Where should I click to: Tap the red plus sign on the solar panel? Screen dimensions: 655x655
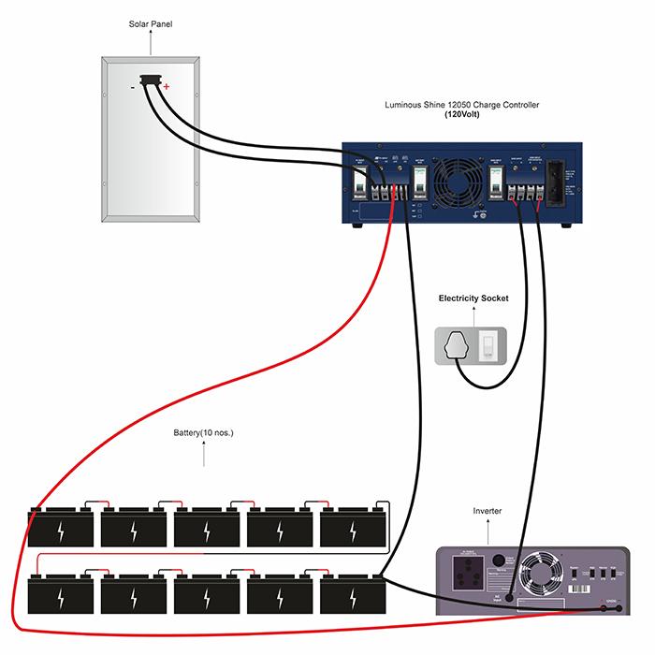pyautogui.click(x=167, y=87)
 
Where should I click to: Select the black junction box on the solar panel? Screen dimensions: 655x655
pyautogui.click(x=149, y=82)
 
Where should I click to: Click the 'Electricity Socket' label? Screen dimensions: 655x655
pyautogui.click(x=474, y=298)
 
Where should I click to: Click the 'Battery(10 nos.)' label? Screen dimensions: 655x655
pyautogui.click(x=203, y=434)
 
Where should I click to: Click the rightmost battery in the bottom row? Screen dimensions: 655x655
pyautogui.click(x=354, y=592)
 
